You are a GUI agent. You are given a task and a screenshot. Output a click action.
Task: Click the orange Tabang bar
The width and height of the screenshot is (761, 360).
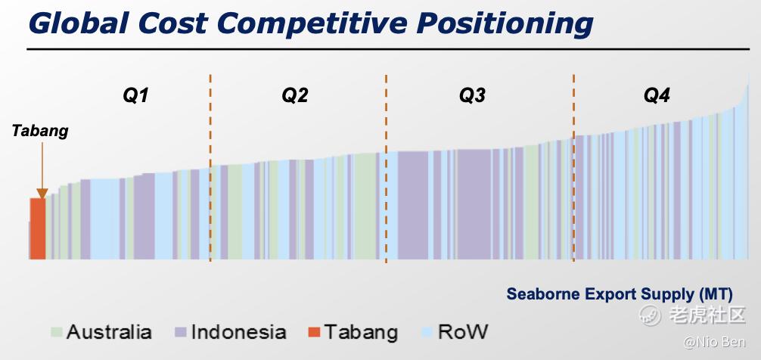coord(38,228)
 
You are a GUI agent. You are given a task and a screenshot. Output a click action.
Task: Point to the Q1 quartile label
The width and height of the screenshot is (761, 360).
coord(135,96)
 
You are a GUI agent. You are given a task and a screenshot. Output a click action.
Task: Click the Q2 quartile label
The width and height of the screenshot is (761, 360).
coord(295,96)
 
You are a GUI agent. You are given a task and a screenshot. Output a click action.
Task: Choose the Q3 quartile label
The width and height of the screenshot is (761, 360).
coord(473,96)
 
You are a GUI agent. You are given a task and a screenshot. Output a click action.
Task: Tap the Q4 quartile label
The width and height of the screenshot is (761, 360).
coord(657,96)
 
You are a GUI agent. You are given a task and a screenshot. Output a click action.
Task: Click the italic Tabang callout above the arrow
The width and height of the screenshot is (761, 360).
coord(40,131)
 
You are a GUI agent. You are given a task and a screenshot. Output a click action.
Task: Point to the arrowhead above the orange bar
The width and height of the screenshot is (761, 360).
coord(42,194)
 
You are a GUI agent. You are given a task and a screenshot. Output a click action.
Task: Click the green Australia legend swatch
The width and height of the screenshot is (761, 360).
coord(57,332)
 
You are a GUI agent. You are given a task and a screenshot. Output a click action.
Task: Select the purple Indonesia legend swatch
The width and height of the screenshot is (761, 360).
coord(181,332)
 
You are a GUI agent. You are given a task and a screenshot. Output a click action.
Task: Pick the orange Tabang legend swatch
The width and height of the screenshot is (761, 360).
coord(315,332)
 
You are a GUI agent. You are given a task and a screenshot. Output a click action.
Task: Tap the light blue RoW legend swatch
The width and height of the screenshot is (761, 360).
coord(427,332)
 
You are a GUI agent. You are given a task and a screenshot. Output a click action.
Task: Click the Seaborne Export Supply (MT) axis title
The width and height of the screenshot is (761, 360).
coord(620,294)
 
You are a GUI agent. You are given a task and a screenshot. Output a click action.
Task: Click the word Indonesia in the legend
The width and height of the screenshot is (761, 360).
coord(239,332)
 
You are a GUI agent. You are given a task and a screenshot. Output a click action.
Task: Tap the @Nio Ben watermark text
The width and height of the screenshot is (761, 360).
coord(714,342)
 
